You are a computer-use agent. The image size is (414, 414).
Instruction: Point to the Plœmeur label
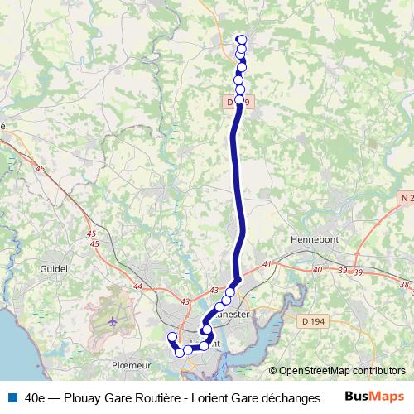pyautogui.click(x=129, y=363)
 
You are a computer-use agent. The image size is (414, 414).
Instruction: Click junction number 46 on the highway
pyautogui.click(x=40, y=169)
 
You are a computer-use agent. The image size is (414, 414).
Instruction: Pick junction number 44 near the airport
pyautogui.click(x=137, y=286)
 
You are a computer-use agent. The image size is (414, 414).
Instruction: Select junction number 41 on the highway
pyautogui.click(x=267, y=264)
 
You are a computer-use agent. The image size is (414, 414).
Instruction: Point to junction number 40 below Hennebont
pyautogui.click(x=319, y=270)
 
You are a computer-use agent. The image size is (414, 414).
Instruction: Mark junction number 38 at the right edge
pyautogui.click(x=404, y=285)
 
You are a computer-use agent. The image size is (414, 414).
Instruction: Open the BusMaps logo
pyautogui.click(x=374, y=397)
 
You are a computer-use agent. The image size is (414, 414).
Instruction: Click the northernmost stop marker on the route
pyautogui.click(x=242, y=40)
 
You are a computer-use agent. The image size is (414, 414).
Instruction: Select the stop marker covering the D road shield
pyautogui.click(x=239, y=100)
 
